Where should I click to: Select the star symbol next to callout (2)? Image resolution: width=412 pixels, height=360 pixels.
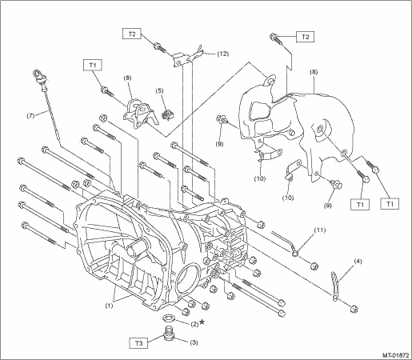pyautogui.click(x=202, y=322)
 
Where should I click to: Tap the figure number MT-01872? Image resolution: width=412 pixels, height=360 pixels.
pyautogui.click(x=396, y=355)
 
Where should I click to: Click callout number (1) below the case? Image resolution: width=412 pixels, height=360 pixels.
pyautogui.click(x=109, y=306)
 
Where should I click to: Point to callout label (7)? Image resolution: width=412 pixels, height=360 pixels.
pyautogui.click(x=30, y=116)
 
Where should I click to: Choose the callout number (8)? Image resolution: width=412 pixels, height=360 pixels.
pyautogui.click(x=314, y=72)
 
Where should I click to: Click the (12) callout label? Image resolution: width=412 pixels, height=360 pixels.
pyautogui.click(x=222, y=54)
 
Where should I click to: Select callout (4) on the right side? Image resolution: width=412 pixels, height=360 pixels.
pyautogui.click(x=358, y=262)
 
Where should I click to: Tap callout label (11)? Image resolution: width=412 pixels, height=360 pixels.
pyautogui.click(x=320, y=230)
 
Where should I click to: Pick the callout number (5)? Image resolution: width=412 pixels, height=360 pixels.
pyautogui.click(x=159, y=90)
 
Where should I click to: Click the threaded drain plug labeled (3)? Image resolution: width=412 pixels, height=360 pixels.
pyautogui.click(x=168, y=334)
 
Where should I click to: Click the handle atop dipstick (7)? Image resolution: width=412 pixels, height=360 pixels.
pyautogui.click(x=39, y=76)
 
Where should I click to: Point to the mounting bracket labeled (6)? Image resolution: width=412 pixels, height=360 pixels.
pyautogui.click(x=141, y=114)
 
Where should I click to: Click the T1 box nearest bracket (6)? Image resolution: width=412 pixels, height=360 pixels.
pyautogui.click(x=93, y=66)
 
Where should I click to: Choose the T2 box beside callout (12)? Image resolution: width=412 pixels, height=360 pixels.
pyautogui.click(x=132, y=34)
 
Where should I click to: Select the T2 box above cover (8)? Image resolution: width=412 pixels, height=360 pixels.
pyautogui.click(x=305, y=37)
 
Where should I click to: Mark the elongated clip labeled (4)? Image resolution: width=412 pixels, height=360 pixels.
pyautogui.click(x=334, y=286)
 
